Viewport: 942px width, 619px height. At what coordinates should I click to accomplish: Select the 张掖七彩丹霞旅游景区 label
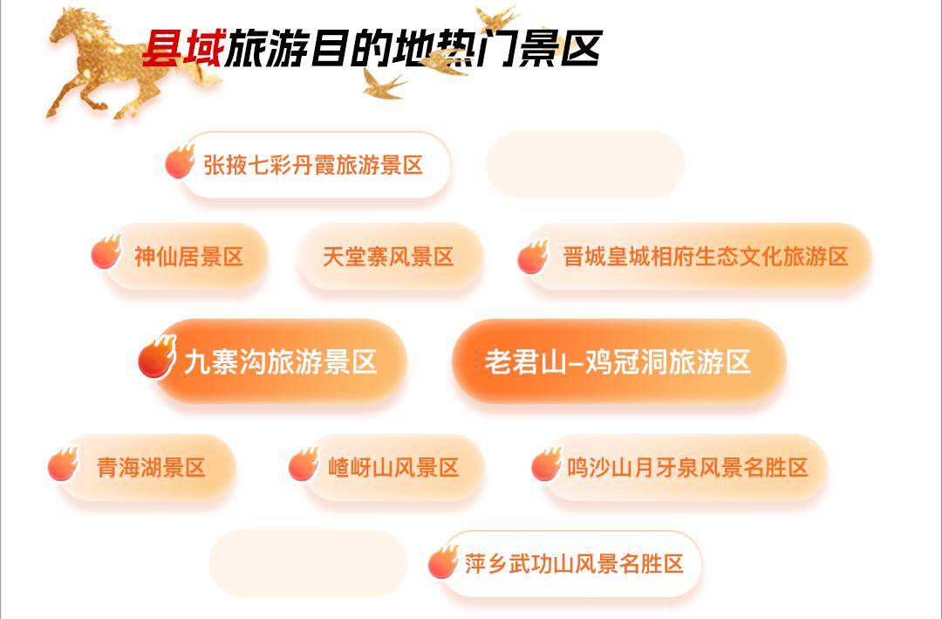click(x=313, y=165)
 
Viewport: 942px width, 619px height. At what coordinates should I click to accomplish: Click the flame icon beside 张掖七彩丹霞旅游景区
click(x=180, y=162)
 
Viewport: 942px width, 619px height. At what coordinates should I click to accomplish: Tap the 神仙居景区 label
click(x=188, y=257)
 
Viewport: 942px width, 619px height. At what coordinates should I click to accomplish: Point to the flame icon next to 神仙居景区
click(x=106, y=252)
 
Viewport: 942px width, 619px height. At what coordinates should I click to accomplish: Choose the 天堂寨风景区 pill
click(x=390, y=257)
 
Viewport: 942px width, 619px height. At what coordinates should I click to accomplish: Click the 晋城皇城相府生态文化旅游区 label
click(x=706, y=257)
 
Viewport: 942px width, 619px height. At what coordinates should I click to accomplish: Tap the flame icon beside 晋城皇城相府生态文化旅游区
click(x=533, y=257)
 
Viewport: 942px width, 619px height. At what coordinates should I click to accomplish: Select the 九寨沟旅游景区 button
click(x=281, y=361)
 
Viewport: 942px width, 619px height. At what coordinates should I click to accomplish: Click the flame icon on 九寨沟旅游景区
click(x=157, y=357)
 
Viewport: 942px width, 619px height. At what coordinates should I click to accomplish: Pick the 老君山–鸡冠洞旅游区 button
click(x=618, y=361)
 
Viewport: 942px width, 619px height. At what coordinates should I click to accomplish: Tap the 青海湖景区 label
click(x=152, y=467)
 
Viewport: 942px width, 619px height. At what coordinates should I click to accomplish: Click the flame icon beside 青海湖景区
click(x=63, y=464)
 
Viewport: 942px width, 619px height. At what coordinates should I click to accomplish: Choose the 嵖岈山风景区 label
click(x=393, y=467)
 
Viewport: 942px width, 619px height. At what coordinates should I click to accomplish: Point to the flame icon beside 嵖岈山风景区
click(x=304, y=464)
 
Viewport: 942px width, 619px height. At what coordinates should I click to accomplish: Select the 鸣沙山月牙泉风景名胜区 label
click(x=688, y=467)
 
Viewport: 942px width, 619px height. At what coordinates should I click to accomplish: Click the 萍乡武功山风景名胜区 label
click(x=574, y=564)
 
